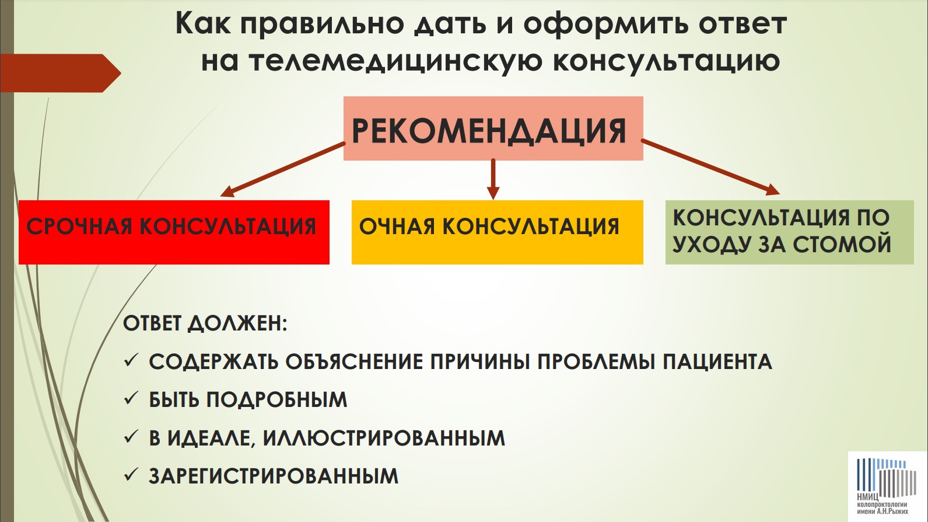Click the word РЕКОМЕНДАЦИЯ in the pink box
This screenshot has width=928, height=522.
pos(489,131)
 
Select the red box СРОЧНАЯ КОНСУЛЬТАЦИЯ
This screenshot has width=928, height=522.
pos(174,232)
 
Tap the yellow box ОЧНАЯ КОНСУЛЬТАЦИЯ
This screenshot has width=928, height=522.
pos(497,232)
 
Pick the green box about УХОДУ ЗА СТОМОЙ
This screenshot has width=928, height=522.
pos(789,232)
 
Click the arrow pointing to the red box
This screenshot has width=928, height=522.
pos(282,169)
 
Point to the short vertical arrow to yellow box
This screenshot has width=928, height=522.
pos(493,179)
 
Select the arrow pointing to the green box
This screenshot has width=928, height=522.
pos(710,167)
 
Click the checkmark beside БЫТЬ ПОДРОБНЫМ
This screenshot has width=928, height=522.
pos(131,399)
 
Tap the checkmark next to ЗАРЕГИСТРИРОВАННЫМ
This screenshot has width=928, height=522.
pos(131,475)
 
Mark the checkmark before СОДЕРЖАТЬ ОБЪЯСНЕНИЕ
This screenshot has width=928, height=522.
pos(131,361)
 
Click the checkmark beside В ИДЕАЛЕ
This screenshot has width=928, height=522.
pos(131,437)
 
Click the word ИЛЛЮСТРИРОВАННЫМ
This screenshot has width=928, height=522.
pos(384,438)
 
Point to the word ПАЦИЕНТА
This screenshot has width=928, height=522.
pos(717,361)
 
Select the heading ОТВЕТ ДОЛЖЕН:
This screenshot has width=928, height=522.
pos(205,324)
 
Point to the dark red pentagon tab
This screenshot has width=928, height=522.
pos(61,73)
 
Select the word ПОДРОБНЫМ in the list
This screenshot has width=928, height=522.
pos(277,400)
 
